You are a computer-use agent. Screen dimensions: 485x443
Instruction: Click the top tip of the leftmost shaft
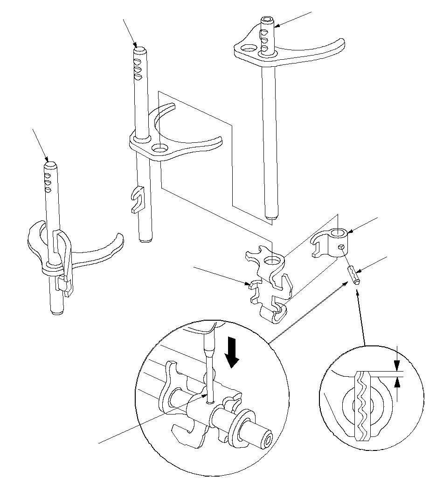(50, 164)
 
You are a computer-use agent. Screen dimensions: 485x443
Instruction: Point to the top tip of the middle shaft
(139, 48)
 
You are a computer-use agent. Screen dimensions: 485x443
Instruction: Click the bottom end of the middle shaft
(144, 239)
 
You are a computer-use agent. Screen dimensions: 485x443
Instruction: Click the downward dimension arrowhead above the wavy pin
(397, 366)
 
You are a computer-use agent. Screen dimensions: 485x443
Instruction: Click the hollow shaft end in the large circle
(268, 439)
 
